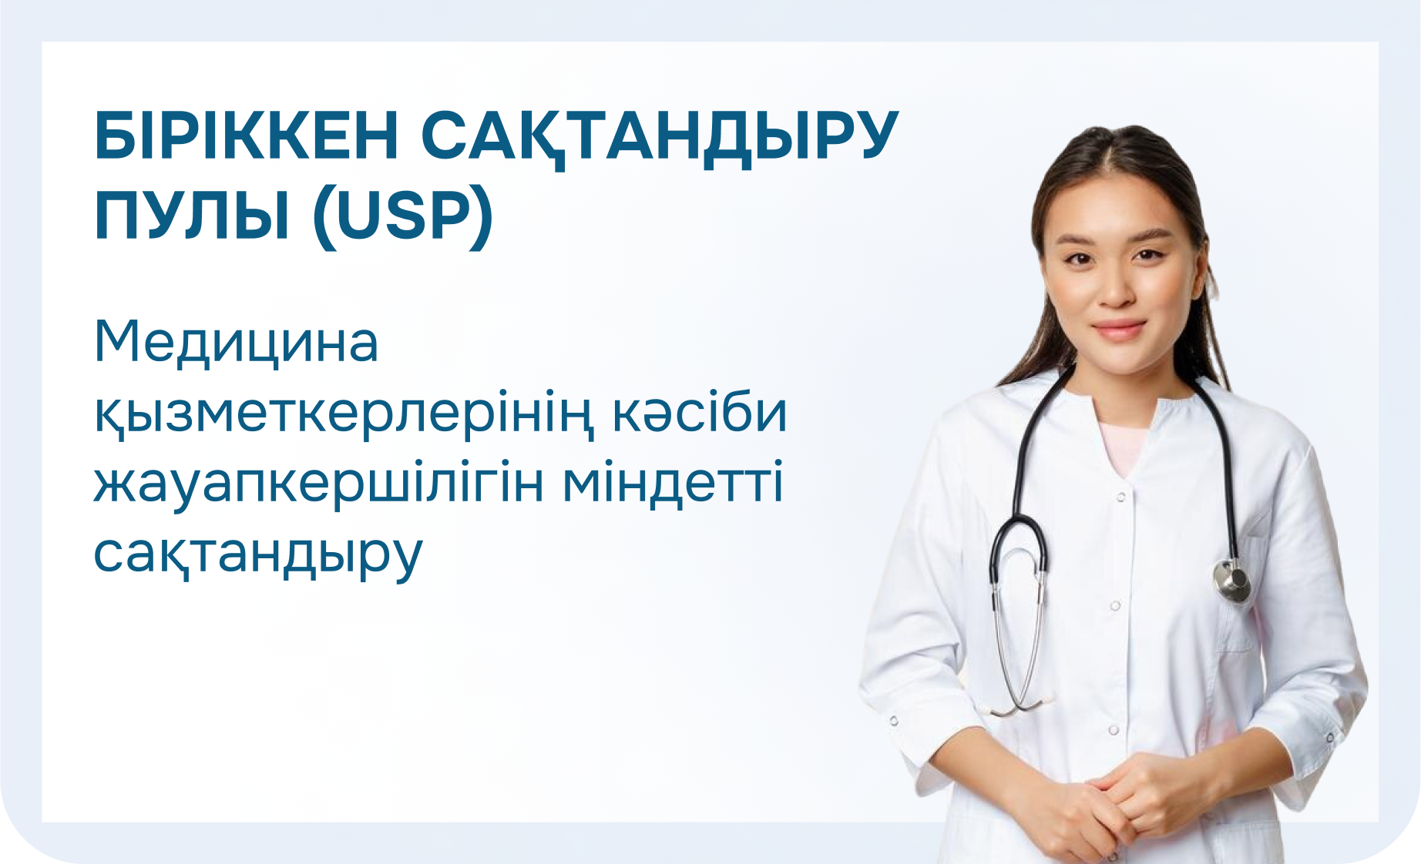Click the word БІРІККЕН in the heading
[247, 136]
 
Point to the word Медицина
[236, 343]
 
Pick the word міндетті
[674, 481]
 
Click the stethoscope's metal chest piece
[1231, 580]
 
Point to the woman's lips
[1119, 330]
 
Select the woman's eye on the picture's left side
[1076, 259]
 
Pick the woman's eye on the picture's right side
[1150, 253]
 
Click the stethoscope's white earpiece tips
[1017, 705]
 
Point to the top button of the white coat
[1121, 497]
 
